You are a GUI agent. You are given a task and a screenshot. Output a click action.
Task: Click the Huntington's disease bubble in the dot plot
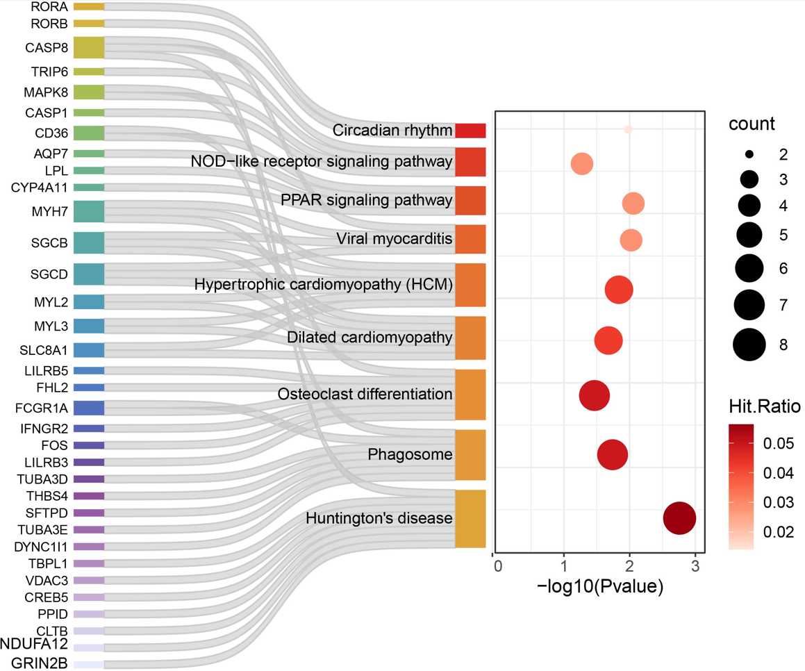point(679,518)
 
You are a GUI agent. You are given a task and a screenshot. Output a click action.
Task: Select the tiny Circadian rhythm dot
point(628,130)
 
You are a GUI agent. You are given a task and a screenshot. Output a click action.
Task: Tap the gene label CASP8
point(47,48)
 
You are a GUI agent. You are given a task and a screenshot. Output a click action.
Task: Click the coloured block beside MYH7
point(89,211)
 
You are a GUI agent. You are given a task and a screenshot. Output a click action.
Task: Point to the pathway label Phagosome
point(410,454)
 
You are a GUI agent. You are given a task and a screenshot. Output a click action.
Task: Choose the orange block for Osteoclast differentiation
point(470,395)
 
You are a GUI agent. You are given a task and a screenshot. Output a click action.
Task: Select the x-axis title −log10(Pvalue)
point(599,586)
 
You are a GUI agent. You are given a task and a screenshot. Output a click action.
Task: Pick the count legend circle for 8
point(749,345)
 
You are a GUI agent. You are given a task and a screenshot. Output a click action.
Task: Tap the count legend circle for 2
point(749,154)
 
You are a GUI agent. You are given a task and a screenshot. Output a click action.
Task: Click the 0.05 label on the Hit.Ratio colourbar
point(779,443)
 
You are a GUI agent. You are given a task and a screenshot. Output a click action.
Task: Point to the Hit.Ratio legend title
point(765,406)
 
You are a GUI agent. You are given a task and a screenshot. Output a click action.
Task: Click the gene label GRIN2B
point(39,663)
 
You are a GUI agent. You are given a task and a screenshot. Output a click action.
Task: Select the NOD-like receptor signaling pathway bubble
point(581,164)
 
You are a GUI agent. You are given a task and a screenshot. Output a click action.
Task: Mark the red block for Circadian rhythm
point(470,131)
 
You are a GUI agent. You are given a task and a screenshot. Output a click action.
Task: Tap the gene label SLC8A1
point(44,350)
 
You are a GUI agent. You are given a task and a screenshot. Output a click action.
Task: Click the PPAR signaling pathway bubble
point(633,204)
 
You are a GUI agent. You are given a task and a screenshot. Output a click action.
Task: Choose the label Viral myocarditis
point(395,239)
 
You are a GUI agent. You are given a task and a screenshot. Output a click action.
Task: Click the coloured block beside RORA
point(89,7)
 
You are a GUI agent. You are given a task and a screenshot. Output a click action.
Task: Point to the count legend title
point(752,124)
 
